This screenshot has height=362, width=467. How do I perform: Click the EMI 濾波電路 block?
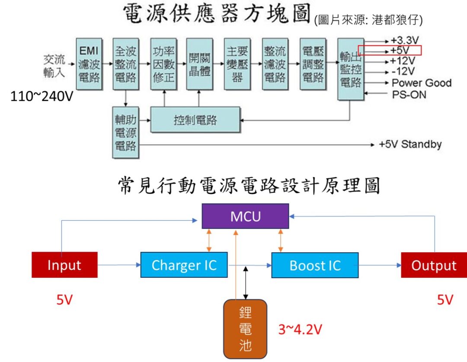(x=90, y=64)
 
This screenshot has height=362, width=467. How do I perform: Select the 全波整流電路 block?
(x=126, y=64)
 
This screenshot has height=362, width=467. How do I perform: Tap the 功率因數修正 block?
(x=163, y=64)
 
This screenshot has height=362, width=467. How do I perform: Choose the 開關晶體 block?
(x=200, y=64)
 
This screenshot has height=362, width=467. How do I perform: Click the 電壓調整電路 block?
(x=313, y=64)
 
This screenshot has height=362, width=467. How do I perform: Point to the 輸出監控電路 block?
(x=351, y=69)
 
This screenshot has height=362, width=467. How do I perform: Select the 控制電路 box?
(x=195, y=120)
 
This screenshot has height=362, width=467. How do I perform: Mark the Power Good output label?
(x=421, y=83)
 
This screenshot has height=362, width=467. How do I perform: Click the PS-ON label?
(x=409, y=94)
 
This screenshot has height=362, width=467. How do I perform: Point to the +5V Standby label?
(x=410, y=144)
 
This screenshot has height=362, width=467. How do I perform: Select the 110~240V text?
(x=42, y=95)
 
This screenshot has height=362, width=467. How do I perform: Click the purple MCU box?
(x=245, y=216)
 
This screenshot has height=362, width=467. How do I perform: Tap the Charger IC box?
(x=184, y=265)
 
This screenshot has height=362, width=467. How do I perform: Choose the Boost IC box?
(x=315, y=265)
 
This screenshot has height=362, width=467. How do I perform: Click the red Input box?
(x=64, y=265)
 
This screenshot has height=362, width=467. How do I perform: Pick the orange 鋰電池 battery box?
(x=245, y=329)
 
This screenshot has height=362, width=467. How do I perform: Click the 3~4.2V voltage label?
(x=300, y=330)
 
